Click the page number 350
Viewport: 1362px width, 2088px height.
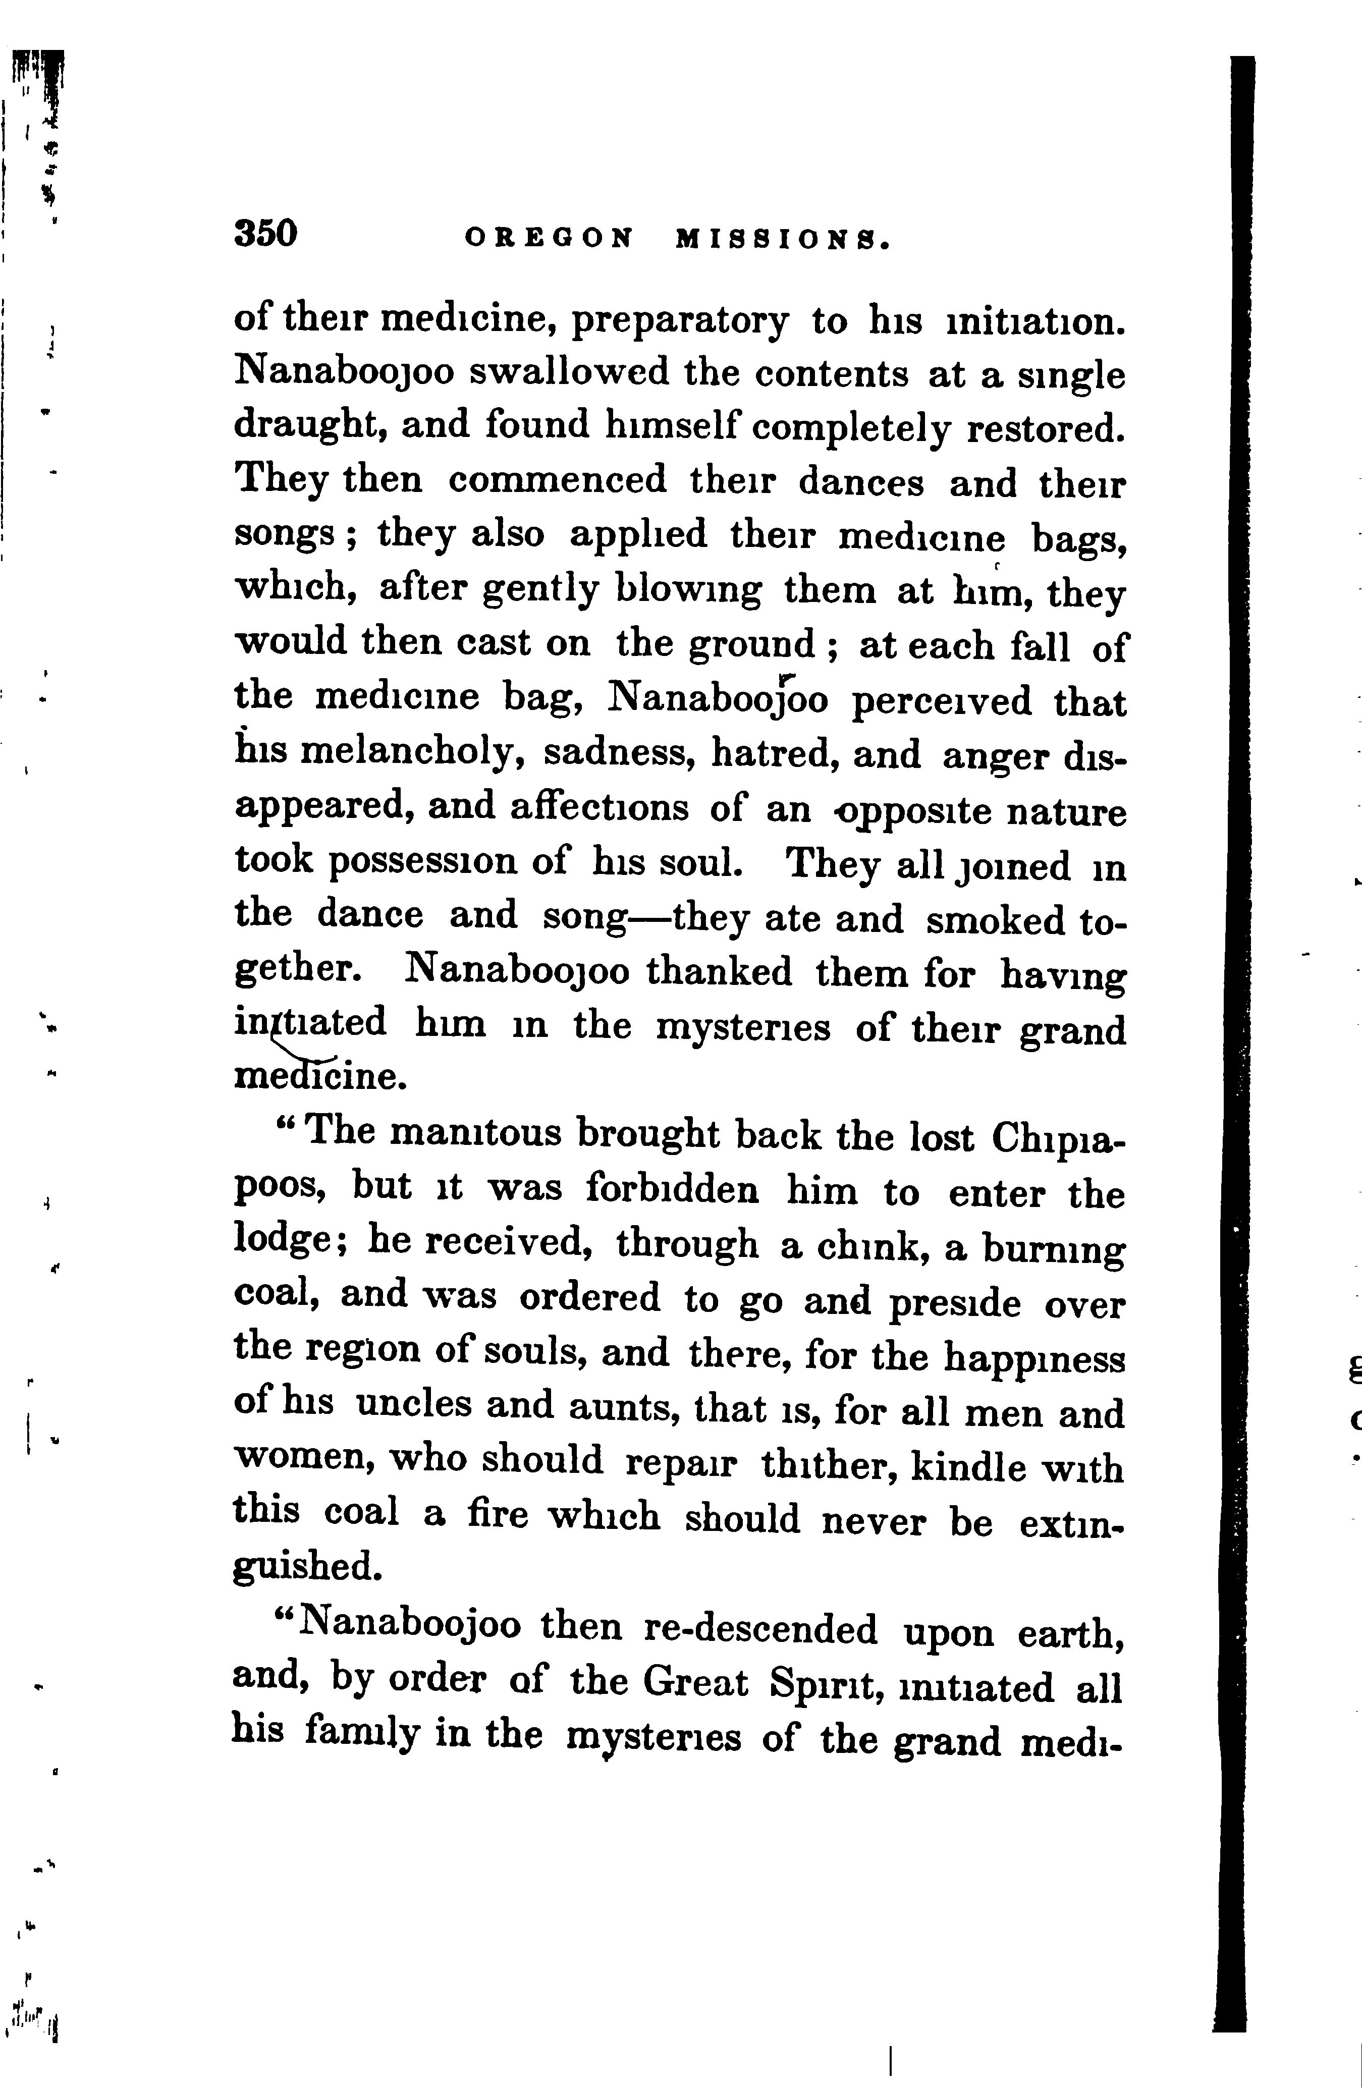[266, 234]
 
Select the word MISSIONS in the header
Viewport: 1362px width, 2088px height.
[782, 239]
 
